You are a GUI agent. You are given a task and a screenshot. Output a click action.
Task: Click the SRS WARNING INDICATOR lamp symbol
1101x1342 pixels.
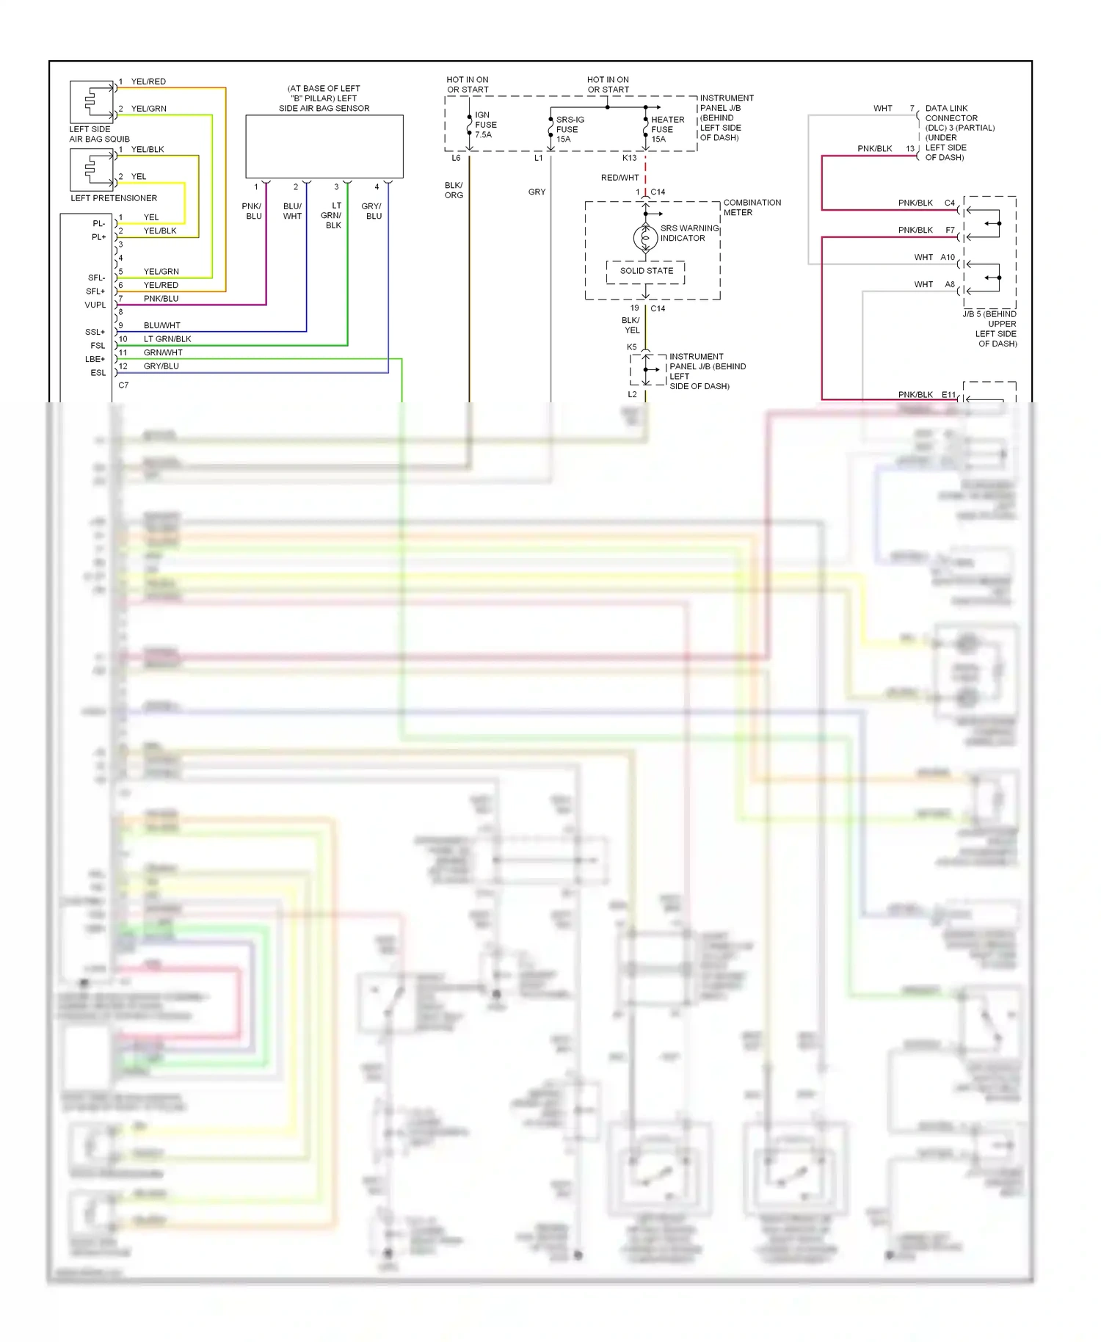(645, 238)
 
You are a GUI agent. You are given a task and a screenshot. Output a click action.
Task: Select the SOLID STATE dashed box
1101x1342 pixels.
(646, 271)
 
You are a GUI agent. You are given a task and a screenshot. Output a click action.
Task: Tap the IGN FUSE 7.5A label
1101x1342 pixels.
(485, 125)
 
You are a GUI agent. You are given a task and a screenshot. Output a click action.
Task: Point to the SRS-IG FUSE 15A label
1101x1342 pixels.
(569, 129)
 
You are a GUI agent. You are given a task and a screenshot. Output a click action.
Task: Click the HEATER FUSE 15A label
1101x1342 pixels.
(666, 129)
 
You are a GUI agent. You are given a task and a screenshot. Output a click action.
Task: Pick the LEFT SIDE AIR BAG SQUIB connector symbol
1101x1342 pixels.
(92, 101)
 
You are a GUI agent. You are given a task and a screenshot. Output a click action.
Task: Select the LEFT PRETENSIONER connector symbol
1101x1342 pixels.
(92, 170)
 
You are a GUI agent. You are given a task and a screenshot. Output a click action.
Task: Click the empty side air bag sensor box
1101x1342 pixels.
(324, 146)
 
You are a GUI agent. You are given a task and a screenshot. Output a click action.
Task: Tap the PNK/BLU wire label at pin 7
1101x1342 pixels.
(161, 299)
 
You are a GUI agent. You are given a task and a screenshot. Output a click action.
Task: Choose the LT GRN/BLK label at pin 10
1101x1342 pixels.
(167, 339)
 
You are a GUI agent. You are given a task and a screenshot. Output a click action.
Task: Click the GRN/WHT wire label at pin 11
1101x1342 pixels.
(162, 352)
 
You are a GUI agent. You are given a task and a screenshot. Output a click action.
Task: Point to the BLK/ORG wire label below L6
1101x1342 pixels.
(454, 190)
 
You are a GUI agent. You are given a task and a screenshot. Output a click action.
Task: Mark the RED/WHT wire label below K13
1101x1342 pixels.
(619, 178)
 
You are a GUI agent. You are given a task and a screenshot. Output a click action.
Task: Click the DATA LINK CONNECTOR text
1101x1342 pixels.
(951, 113)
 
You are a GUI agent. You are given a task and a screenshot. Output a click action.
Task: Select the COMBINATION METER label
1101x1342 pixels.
(752, 207)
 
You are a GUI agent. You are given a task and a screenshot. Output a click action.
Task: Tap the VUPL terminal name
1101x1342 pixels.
(95, 305)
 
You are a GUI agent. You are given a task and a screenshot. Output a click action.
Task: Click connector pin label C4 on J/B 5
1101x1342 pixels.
(949, 203)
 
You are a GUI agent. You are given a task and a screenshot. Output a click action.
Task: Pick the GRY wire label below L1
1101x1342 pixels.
(537, 192)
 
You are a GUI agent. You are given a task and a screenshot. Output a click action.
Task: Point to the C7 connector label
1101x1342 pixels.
(123, 385)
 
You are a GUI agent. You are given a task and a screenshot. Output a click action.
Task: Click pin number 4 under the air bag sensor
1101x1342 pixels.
(377, 187)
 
